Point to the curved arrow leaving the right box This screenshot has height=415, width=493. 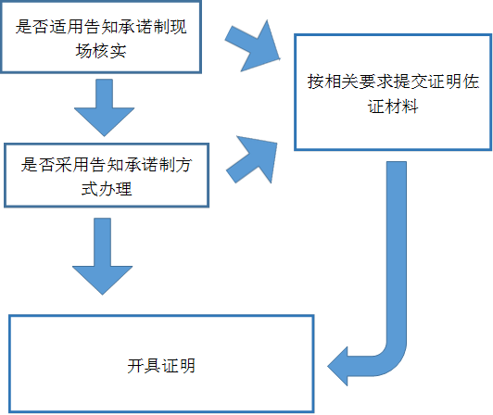[x=393, y=278]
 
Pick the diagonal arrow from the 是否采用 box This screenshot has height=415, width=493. [x=253, y=157]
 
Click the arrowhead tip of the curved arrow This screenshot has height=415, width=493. [x=334, y=365]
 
